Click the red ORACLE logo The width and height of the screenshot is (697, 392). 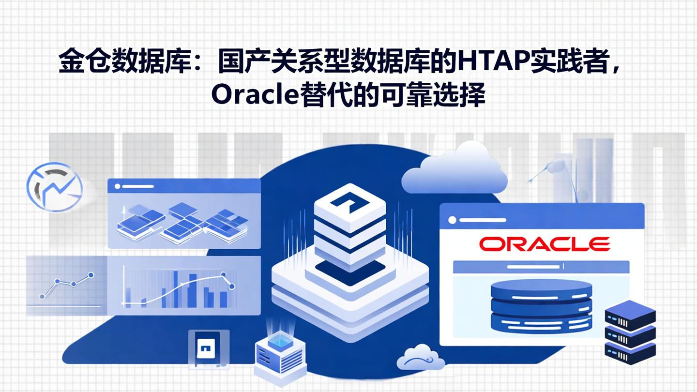(x=544, y=244)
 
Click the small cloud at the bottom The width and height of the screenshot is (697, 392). (x=420, y=358)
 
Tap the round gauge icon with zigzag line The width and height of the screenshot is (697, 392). (x=55, y=186)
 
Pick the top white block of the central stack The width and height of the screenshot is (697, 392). (x=349, y=203)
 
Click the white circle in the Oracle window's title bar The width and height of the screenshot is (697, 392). (x=452, y=220)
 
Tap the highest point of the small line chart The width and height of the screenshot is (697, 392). (x=91, y=275)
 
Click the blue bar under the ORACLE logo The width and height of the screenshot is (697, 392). (x=541, y=267)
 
